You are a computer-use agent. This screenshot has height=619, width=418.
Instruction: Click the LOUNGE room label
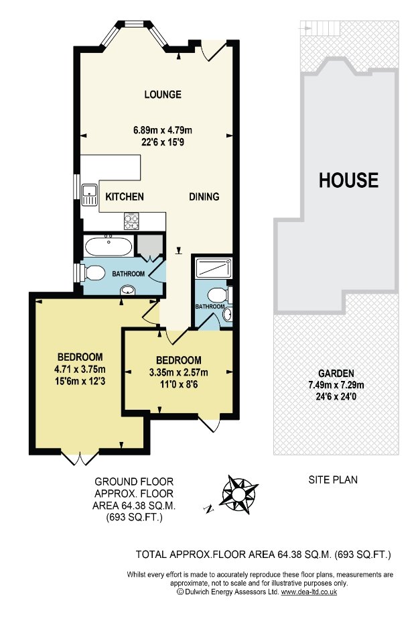163,95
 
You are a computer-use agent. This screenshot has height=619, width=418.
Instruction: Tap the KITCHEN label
125,196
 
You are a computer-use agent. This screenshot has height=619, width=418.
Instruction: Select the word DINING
204,196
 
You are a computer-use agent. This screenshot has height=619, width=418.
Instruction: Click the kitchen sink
90,194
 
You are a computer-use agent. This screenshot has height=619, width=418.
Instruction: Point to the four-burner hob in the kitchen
131,221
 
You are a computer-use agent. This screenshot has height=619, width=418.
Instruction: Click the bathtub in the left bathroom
109,246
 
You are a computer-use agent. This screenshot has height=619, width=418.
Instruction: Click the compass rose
238,495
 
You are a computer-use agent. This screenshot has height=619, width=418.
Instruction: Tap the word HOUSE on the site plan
348,180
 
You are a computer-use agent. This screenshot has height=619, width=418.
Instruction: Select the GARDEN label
336,373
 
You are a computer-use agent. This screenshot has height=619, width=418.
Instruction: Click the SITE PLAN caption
333,480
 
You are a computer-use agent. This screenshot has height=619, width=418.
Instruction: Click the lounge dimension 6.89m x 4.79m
163,130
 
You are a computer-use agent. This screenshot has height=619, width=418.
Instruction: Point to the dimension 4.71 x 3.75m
80,370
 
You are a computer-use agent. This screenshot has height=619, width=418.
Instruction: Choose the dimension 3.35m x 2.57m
179,372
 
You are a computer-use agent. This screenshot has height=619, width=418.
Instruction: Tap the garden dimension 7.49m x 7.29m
336,385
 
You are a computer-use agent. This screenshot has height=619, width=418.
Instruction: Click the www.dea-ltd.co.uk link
309,592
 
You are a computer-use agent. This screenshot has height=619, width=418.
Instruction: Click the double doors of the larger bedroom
80,457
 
